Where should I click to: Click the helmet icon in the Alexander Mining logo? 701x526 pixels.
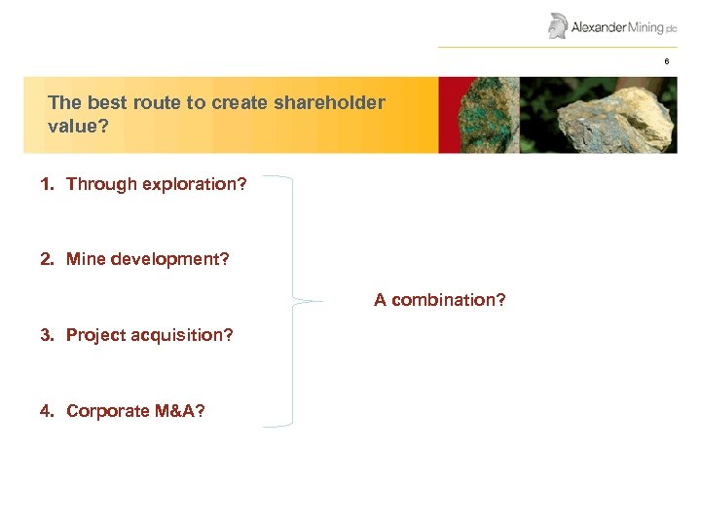pyautogui.click(x=558, y=25)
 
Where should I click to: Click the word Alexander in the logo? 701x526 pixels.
pyautogui.click(x=599, y=27)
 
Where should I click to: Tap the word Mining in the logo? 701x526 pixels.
pyautogui.click(x=646, y=27)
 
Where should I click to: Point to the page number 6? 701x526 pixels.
pyautogui.click(x=667, y=61)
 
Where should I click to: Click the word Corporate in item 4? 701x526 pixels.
pyautogui.click(x=107, y=411)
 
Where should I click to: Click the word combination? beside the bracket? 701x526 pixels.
pyautogui.click(x=453, y=300)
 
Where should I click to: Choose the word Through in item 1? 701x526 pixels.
pyautogui.click(x=96, y=183)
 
